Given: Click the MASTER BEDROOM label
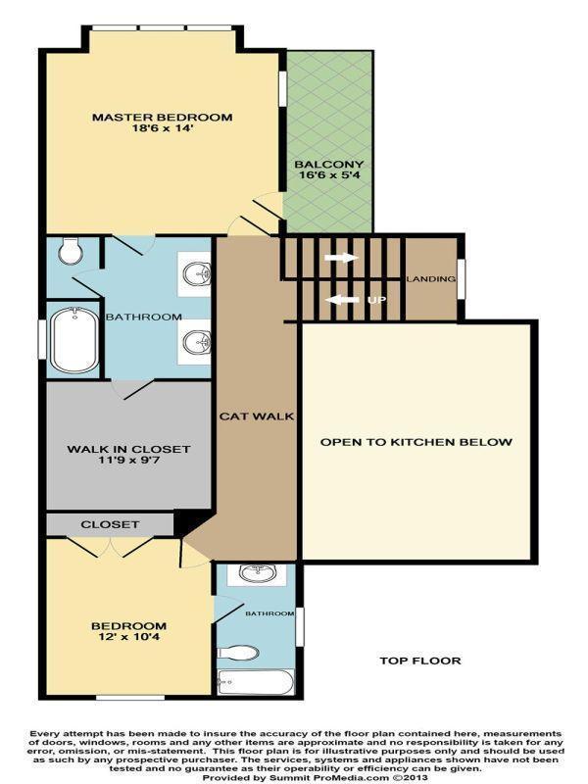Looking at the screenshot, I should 162,118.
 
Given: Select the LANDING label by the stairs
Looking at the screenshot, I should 431,279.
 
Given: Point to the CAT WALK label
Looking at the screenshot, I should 257,416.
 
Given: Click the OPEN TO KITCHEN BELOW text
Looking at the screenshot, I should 416,442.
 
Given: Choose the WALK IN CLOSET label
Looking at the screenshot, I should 128,449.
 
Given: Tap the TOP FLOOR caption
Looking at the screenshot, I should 419,661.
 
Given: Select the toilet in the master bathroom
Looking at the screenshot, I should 71,252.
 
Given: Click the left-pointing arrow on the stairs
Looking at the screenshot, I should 341,299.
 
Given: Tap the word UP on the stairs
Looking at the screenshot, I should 375,299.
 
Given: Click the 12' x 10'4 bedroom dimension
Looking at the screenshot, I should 128,640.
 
